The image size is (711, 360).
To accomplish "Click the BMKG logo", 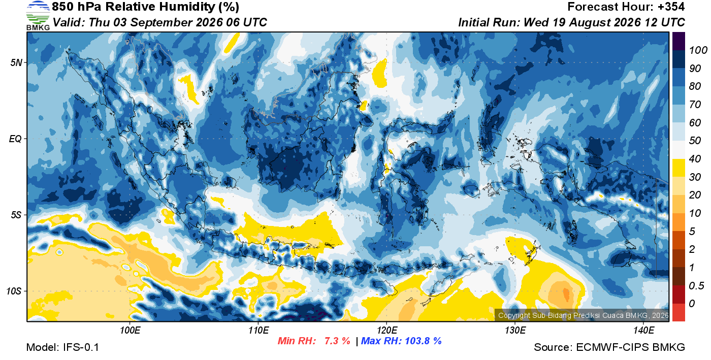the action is tap(38, 16).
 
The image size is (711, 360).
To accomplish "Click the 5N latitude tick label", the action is tap(16, 62).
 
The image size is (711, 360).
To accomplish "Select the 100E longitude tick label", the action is tap(130, 331).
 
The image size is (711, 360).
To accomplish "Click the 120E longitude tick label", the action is tap(387, 331).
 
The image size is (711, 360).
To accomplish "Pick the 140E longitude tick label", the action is tap(644, 331).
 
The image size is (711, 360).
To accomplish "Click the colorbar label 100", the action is tap(698, 50).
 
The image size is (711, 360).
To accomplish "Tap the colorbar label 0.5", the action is tap(696, 286).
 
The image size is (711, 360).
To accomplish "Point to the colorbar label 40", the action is tap(695, 159).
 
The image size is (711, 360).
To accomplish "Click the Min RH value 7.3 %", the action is tap(337, 341).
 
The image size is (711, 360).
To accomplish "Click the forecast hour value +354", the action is tap(671, 7).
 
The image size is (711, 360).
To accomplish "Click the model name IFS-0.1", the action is tap(81, 347).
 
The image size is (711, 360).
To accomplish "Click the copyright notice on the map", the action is tap(583, 315).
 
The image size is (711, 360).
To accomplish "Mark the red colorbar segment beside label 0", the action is tap(678, 313).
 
